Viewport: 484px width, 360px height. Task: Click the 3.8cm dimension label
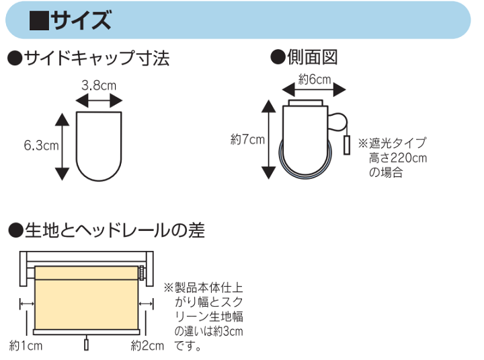point(99,85)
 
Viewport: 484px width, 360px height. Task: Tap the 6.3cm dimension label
point(42,145)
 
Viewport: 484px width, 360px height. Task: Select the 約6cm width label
point(315,79)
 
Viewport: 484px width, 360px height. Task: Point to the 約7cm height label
point(247,139)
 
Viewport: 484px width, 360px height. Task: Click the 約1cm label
point(26,345)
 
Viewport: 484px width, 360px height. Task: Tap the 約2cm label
point(147,345)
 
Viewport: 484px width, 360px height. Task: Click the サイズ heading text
point(81,20)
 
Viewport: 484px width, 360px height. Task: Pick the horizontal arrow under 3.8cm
point(99,101)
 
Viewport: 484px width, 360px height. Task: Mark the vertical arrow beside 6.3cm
point(62,147)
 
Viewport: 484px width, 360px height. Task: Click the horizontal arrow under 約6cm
point(314,90)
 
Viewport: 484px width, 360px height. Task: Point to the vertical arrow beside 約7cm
point(268,139)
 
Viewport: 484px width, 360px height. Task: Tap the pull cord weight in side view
point(347,145)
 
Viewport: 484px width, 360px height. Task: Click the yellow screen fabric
point(87,298)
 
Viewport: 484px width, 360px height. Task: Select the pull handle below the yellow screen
point(87,345)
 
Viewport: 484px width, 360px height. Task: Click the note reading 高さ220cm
point(398,158)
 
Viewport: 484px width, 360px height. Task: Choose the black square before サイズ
point(39,21)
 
